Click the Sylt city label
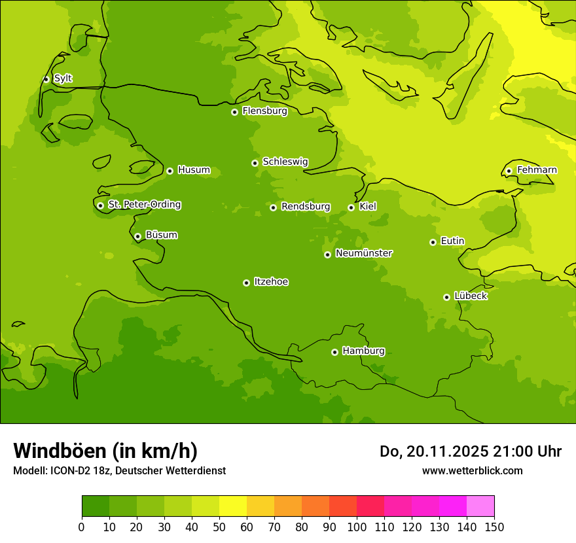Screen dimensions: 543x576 [x=63, y=79]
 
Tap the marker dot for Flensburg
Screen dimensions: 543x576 [x=234, y=112]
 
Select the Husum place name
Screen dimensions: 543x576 [x=194, y=170]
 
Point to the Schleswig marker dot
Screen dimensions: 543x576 [x=255, y=163]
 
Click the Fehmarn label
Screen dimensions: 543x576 [x=537, y=170]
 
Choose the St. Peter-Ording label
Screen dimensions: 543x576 [x=145, y=205]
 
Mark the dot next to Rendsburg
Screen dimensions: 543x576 [x=273, y=207]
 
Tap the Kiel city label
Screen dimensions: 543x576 [x=368, y=207]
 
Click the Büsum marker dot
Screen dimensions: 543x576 [x=137, y=236]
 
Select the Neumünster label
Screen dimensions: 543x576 [x=364, y=253]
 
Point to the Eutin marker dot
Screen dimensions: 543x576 [x=433, y=242]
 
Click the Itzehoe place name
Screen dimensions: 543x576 [x=271, y=282]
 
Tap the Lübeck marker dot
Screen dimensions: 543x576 [x=446, y=297]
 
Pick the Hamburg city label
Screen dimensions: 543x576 [x=363, y=351]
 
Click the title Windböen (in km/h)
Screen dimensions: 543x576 [x=105, y=451]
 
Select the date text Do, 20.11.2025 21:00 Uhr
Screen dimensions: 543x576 [x=470, y=451]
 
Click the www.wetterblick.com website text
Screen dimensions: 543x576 [x=472, y=470]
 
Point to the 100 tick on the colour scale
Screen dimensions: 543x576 [x=357, y=527]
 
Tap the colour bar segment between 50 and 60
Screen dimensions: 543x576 [x=233, y=506]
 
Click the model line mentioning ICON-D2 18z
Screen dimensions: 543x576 [x=119, y=470]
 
